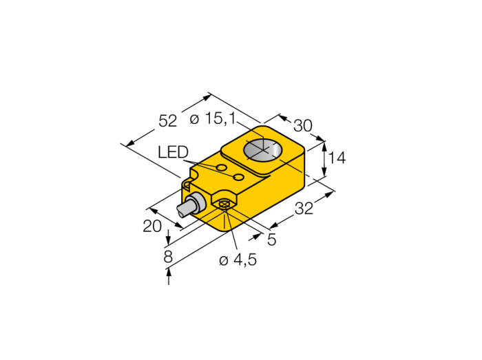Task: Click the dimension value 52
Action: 168,120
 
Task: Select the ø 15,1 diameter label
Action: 213,118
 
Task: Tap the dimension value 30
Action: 303,126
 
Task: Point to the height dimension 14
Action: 337,158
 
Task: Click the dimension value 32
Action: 304,209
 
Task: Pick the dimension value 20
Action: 152,226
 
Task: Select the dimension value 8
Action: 168,257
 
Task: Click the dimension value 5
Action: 272,240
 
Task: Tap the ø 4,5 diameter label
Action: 238,260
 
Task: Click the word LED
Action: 173,152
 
